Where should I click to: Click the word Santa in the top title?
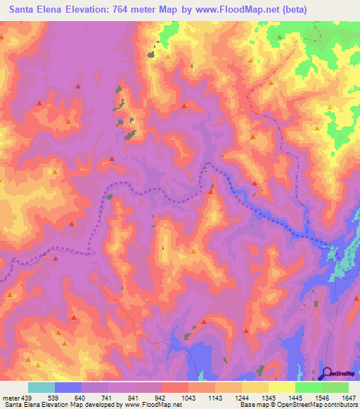click(25, 10)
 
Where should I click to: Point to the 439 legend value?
click(27, 398)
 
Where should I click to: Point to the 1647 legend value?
click(349, 398)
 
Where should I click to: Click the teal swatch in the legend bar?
click(41, 387)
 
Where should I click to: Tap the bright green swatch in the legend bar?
click(308, 387)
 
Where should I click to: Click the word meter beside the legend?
click(11, 398)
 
